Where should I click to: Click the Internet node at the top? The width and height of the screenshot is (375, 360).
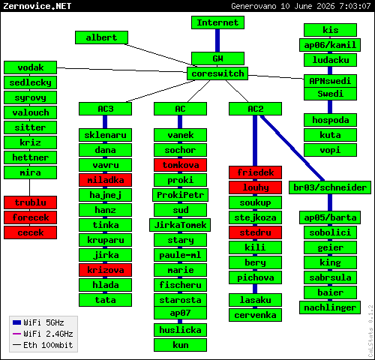[x=217, y=22]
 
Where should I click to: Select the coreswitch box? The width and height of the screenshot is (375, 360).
[x=217, y=73]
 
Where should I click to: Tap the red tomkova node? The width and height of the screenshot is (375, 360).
[x=180, y=165]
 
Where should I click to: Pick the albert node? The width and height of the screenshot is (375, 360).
[x=101, y=37]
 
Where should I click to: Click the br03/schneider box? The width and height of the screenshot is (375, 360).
[x=330, y=187]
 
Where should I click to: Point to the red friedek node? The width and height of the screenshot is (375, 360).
[x=255, y=172]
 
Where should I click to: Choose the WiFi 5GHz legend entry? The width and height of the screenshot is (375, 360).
[x=38, y=322]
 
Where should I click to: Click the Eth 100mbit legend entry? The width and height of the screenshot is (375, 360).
[x=43, y=345]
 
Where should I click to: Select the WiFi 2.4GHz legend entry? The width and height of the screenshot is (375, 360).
[x=43, y=334]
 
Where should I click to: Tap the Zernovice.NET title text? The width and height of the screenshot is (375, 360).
[x=37, y=6]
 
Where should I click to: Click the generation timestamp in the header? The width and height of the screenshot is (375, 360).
[x=301, y=6]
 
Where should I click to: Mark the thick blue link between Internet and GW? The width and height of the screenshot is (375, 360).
[x=217, y=40]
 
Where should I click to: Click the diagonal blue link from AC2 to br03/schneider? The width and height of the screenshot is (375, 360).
[x=292, y=148]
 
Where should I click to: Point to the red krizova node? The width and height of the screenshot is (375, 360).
[x=105, y=270]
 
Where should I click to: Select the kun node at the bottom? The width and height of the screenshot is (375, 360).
[x=180, y=345]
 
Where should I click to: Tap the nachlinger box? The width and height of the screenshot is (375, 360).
[x=330, y=307]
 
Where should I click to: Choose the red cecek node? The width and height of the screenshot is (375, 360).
[x=30, y=232]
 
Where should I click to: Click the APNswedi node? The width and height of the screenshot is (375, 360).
[x=330, y=81]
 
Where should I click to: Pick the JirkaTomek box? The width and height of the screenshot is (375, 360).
[x=180, y=225]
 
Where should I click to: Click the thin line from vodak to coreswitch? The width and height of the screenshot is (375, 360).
[x=122, y=70]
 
